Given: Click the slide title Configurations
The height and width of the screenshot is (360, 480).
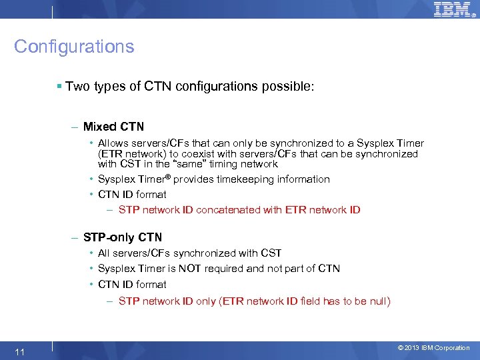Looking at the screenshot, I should [x=74, y=47].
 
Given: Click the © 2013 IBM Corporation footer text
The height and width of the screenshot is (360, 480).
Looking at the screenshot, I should [x=433, y=348].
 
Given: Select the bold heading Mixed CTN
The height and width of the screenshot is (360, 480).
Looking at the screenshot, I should [x=113, y=127].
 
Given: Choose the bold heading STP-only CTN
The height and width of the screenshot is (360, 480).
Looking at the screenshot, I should [x=123, y=237].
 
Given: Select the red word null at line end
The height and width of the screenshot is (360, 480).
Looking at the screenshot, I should [x=377, y=301].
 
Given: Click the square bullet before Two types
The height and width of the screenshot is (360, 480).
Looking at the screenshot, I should [x=60, y=87].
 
